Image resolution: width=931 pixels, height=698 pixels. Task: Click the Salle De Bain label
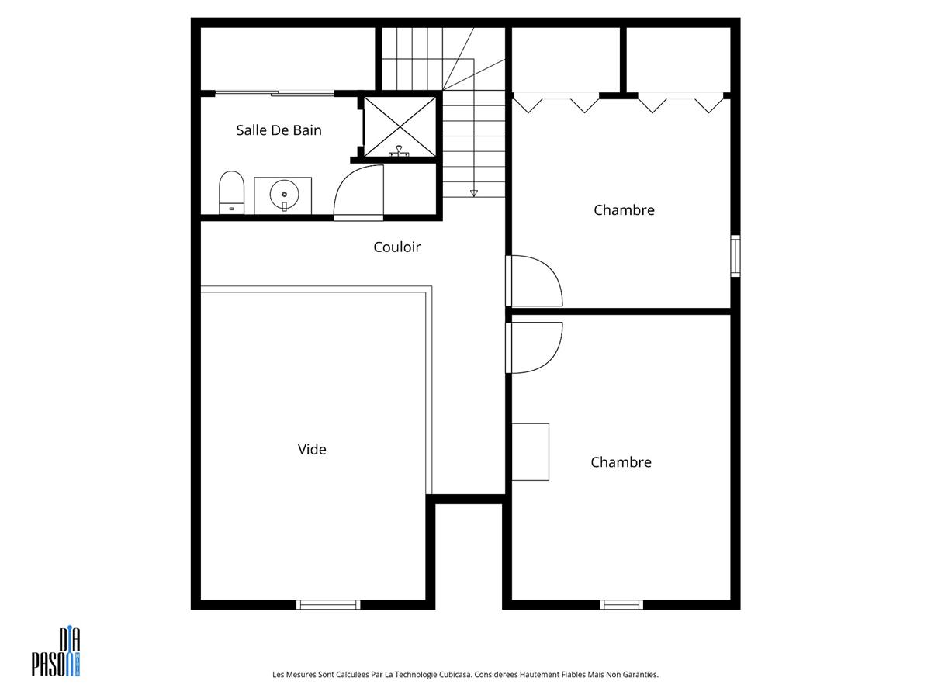point(279,130)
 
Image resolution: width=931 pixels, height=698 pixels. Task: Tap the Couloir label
point(396,247)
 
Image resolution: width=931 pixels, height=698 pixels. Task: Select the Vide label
point(312,449)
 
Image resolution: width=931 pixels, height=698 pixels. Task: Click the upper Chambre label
point(624,209)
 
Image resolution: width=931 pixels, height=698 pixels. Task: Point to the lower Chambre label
point(621,462)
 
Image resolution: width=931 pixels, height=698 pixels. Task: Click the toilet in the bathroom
point(231,192)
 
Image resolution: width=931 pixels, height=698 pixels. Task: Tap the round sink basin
point(284,195)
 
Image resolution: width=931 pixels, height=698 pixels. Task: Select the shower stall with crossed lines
point(400,126)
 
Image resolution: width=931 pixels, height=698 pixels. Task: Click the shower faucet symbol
point(399,151)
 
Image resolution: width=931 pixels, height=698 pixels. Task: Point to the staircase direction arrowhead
point(474,193)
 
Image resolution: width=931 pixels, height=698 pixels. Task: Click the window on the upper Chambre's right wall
point(735,256)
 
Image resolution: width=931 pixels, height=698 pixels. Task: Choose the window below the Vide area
point(328,605)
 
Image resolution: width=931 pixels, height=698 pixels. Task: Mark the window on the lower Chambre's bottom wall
point(621,605)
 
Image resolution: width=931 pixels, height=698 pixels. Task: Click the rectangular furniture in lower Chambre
point(530,452)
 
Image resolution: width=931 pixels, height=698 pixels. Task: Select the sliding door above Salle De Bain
point(275,93)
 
